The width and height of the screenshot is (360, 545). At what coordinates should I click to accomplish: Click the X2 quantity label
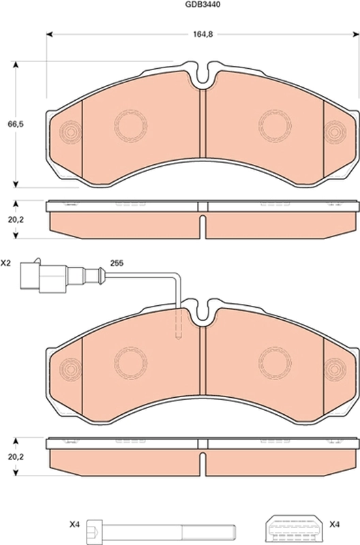tap(6, 262)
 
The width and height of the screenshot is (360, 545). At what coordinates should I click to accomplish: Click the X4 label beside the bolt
tap(74, 525)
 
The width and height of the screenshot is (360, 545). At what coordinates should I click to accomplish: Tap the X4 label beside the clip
tap(334, 525)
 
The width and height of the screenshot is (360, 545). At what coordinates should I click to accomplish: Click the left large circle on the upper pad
tap(130, 123)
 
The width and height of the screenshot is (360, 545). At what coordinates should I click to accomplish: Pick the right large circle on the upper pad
tap(275, 123)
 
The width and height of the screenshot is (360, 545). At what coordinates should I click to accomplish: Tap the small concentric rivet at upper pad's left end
tap(70, 130)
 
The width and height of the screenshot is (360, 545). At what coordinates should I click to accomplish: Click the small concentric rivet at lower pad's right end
tap(335, 369)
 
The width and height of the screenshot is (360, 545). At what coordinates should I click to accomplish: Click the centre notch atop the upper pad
tap(203, 77)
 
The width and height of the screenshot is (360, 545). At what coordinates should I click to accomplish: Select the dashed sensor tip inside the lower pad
tap(179, 326)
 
